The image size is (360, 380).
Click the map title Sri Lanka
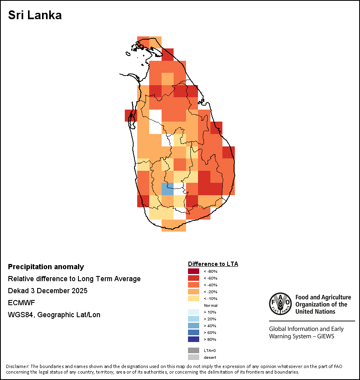point(35,16)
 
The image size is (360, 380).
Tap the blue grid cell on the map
point(167,189)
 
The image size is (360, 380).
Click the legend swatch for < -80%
point(193,271)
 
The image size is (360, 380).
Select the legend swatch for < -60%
point(193,278)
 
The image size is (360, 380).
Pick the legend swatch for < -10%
point(193,298)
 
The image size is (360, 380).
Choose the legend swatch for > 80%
point(193,339)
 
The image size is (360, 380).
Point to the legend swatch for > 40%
point(193,326)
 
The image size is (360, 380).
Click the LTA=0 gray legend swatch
point(193,350)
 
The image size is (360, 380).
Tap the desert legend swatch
point(193,357)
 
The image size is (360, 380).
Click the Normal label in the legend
point(210,305)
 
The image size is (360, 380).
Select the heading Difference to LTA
point(213,264)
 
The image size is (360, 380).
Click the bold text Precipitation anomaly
point(46,267)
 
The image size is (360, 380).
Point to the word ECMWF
point(21,303)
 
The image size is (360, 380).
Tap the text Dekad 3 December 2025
point(48,291)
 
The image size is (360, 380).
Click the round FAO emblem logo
point(280,304)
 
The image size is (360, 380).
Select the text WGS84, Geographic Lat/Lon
point(54,315)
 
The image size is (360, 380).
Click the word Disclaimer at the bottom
point(17,366)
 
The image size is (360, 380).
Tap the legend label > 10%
point(210,312)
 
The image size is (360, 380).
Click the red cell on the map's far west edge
point(131,116)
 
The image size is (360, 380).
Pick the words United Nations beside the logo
point(316,311)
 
